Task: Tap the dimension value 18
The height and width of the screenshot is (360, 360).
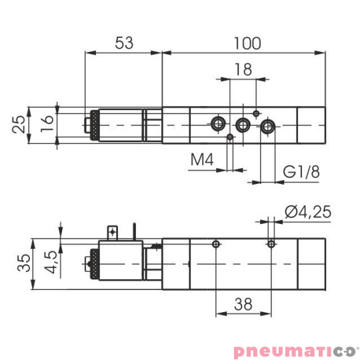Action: point(243,69)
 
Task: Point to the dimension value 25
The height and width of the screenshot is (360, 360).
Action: point(21,124)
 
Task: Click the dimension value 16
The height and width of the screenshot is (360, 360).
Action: point(45,124)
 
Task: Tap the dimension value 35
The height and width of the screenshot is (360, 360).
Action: point(22,263)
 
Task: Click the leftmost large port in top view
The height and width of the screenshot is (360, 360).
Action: point(217,123)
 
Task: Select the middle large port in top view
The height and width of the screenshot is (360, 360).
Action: point(243,124)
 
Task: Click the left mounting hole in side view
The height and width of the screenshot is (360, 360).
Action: point(215,244)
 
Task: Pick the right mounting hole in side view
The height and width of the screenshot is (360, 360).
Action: point(270,244)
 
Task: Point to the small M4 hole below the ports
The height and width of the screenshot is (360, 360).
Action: point(230,137)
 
